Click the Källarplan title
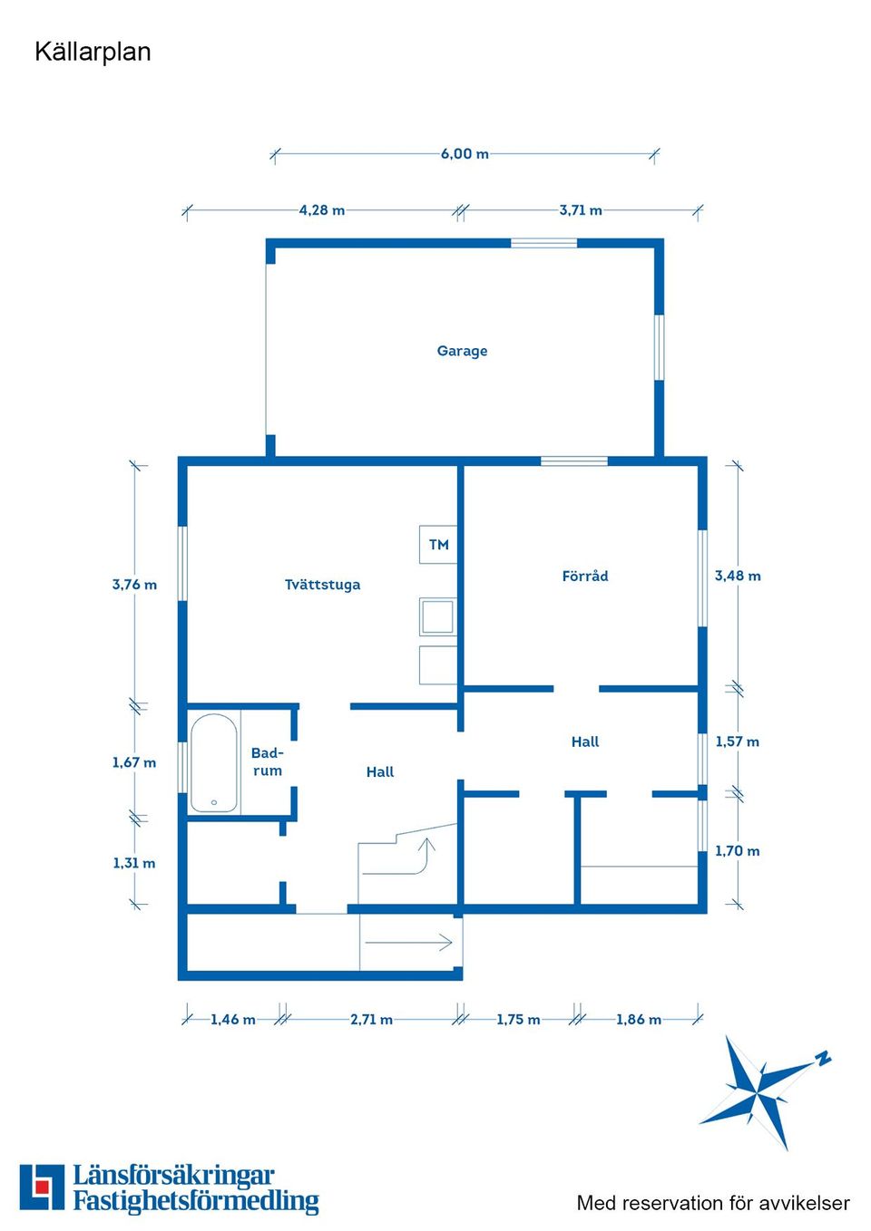[x=93, y=53]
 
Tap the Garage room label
[x=462, y=351]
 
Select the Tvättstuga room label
[x=322, y=585]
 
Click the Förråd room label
[x=585, y=576]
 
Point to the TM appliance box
[x=438, y=545]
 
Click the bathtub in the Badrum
[x=214, y=762]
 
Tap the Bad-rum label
[x=267, y=761]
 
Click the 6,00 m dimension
[x=465, y=154]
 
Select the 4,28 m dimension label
[x=322, y=210]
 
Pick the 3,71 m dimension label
[x=581, y=210]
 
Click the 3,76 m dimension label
[x=134, y=585]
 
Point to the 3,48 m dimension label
[x=738, y=576]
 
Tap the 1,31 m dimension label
[x=134, y=863]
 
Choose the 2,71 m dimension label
[x=372, y=1020]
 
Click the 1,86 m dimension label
[x=639, y=1020]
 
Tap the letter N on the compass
[x=823, y=1058]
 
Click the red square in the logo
[x=42, y=1187]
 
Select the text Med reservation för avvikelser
[x=713, y=1203]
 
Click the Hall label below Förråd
[x=585, y=742]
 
